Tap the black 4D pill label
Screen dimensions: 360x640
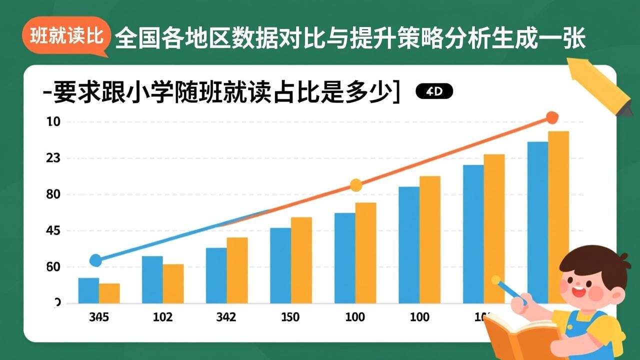click(434, 91)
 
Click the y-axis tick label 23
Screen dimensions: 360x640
click(53, 158)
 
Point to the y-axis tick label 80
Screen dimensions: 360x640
click(53, 194)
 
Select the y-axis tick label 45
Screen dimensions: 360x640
click(53, 231)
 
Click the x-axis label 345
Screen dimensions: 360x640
click(99, 317)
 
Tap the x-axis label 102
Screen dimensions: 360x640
click(162, 317)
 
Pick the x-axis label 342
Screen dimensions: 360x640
click(226, 317)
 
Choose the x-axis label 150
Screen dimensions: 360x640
click(290, 317)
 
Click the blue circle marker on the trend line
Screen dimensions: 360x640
click(95, 260)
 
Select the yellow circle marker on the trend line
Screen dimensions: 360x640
click(355, 185)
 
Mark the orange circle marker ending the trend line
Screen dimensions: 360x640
click(551, 118)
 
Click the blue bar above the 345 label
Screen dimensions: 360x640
click(88, 290)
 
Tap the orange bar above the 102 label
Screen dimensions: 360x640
click(173, 283)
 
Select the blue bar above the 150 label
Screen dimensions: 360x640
click(280, 265)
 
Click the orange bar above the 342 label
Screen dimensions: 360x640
click(237, 270)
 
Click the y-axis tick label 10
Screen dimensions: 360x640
click(53, 122)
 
